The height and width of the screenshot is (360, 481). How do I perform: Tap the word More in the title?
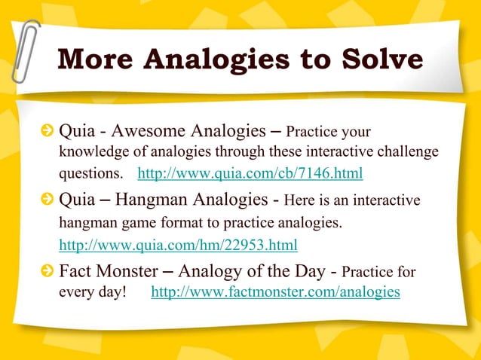96,59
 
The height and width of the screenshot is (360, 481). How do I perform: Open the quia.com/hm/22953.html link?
178,245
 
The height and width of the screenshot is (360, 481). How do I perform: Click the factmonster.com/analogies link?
275,291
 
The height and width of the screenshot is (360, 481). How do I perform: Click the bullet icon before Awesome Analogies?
48,133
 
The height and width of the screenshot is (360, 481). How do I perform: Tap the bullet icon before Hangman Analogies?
48,201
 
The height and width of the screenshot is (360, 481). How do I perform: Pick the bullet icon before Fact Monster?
48,271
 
